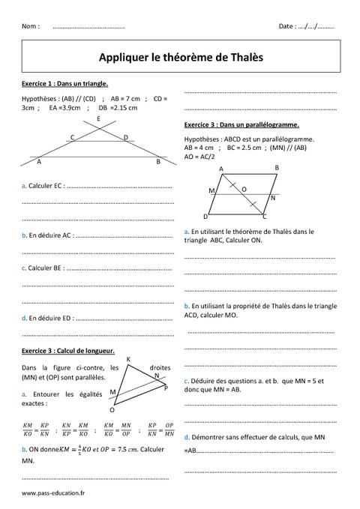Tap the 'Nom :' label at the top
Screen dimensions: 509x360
(31, 26)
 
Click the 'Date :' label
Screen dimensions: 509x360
(287, 26)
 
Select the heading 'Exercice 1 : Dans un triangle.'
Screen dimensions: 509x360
(65, 84)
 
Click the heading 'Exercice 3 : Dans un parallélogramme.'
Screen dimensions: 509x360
(241, 124)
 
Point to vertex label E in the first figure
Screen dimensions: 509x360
(97, 119)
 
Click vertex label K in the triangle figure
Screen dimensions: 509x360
(128, 360)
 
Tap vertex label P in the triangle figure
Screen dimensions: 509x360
(166, 388)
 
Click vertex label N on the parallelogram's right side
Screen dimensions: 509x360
(272, 199)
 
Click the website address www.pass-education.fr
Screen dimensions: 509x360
(54, 494)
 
